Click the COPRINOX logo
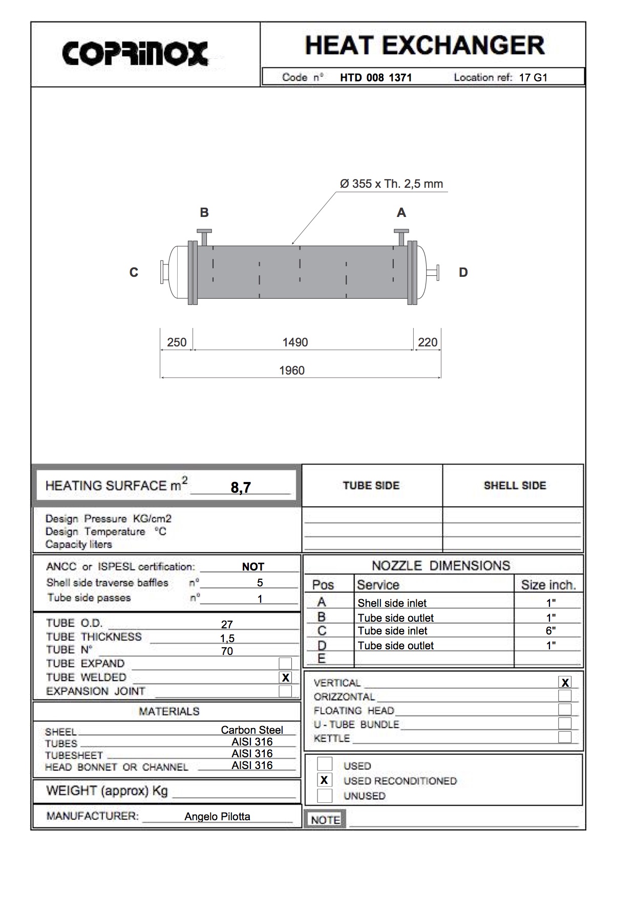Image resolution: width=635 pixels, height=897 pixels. pyautogui.click(x=135, y=54)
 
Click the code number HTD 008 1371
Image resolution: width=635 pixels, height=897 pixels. pyautogui.click(x=376, y=78)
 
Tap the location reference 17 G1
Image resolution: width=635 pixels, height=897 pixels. pyautogui.click(x=533, y=78)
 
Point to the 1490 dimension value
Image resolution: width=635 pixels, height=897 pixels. pyautogui.click(x=295, y=342)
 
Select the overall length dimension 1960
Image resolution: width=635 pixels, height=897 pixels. pyautogui.click(x=292, y=370)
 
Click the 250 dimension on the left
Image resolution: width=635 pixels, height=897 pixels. pyautogui.click(x=177, y=342)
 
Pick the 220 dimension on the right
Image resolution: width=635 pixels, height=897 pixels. pyautogui.click(x=428, y=342)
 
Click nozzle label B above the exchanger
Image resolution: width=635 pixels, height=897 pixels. pyautogui.click(x=204, y=212)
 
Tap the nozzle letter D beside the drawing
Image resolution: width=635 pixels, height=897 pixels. pyautogui.click(x=463, y=272)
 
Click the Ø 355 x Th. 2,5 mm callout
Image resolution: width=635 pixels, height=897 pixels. pyautogui.click(x=392, y=184)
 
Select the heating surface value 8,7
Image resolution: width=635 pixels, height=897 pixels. pyautogui.click(x=241, y=487)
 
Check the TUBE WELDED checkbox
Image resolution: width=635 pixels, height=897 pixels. pyautogui.click(x=286, y=677)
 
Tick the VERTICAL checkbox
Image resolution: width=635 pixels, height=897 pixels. pyautogui.click(x=565, y=683)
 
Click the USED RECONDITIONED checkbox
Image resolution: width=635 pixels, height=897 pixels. pyautogui.click(x=324, y=780)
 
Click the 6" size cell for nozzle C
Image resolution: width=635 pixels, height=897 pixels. pyautogui.click(x=551, y=631)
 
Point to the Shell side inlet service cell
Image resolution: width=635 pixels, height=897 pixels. pyautogui.click(x=392, y=603)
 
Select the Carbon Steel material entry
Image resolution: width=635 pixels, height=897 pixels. pyautogui.click(x=252, y=730)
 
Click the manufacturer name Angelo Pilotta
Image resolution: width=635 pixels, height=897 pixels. pyautogui.click(x=218, y=817)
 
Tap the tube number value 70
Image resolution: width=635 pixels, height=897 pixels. pyautogui.click(x=227, y=651)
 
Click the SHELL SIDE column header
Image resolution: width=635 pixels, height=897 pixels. pyautogui.click(x=515, y=486)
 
